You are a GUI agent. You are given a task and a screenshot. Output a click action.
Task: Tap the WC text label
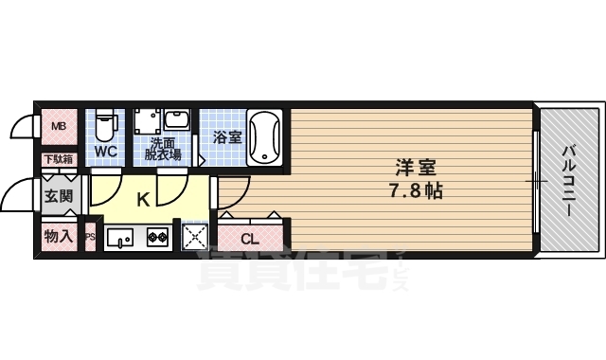(105, 152)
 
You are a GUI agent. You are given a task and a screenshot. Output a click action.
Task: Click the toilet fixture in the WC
(106, 123)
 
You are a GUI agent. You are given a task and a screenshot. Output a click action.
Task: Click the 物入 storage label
(58, 237)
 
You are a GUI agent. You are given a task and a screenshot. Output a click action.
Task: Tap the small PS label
(90, 238)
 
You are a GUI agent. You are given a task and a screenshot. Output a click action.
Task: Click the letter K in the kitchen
(143, 200)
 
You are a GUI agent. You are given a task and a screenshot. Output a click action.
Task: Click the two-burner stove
(157, 238)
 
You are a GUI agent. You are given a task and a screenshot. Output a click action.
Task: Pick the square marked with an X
(193, 238)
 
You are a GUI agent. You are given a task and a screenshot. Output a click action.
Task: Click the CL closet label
(249, 238)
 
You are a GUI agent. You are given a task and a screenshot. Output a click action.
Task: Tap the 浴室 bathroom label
(227, 137)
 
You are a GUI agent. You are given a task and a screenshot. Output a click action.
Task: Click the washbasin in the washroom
(178, 121)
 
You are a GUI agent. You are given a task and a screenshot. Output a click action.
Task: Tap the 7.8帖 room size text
(416, 190)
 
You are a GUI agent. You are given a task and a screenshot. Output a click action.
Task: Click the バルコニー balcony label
(569, 180)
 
